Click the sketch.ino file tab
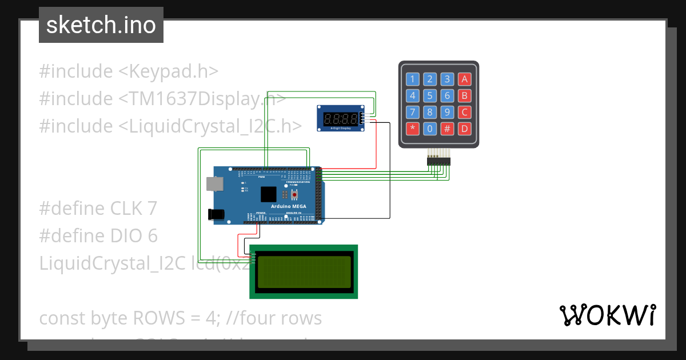(x=101, y=25)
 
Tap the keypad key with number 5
(x=430, y=96)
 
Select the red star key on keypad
(x=412, y=129)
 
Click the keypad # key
(x=448, y=129)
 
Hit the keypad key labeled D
(x=465, y=129)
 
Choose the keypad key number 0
(x=430, y=129)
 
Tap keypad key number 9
(x=448, y=112)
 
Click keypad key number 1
(x=412, y=79)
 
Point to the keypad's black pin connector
(x=438, y=162)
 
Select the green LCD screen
(x=304, y=272)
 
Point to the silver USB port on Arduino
(x=215, y=183)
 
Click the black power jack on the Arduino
(x=216, y=214)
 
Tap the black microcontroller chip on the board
(x=268, y=194)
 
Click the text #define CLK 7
(x=98, y=208)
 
